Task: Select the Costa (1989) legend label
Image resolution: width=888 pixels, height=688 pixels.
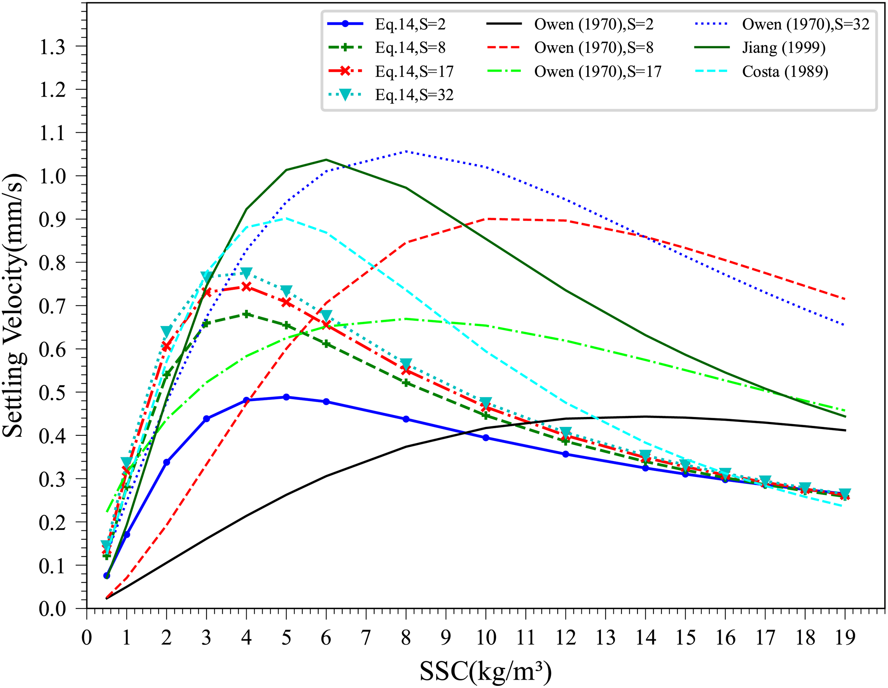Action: (785, 71)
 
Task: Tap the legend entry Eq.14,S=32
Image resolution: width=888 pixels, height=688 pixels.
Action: (414, 95)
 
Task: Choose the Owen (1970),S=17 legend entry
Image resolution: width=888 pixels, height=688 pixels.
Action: (597, 71)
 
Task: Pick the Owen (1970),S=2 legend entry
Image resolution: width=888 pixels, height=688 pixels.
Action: (593, 25)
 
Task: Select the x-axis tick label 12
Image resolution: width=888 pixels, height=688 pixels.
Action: (565, 638)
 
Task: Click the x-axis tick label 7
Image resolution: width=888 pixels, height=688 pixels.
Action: (366, 638)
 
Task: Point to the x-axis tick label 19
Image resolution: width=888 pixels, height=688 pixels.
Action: (845, 638)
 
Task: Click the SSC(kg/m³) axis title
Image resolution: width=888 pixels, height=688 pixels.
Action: (486, 671)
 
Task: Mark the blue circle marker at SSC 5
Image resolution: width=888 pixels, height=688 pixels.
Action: (286, 397)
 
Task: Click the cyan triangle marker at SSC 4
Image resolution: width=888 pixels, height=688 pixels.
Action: (247, 272)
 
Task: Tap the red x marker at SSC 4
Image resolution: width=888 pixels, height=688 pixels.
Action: (247, 287)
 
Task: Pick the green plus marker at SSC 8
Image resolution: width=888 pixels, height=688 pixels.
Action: (406, 383)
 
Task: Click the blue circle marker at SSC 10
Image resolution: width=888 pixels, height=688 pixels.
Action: (486, 438)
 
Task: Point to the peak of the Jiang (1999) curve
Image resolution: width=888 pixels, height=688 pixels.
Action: (326, 159)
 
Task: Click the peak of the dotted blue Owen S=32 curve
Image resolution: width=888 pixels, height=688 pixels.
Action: (406, 151)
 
